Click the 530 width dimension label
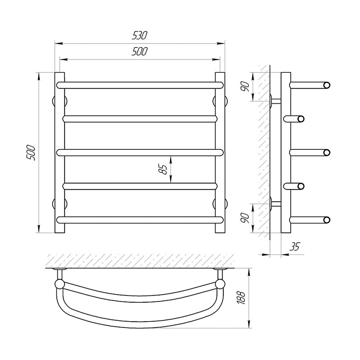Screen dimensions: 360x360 point(140,35)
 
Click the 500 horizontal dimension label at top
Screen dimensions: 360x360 point(139,51)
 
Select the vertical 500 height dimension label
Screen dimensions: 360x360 point(31,152)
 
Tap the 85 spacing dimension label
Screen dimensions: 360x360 point(165,169)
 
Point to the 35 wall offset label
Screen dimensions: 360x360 point(295,247)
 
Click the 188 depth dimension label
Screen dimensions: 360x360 point(242,298)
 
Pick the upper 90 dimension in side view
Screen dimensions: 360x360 point(246,86)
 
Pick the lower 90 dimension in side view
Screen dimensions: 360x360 point(246,218)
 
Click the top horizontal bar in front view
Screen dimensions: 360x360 point(140,85)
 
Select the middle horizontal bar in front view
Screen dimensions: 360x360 point(140,153)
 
